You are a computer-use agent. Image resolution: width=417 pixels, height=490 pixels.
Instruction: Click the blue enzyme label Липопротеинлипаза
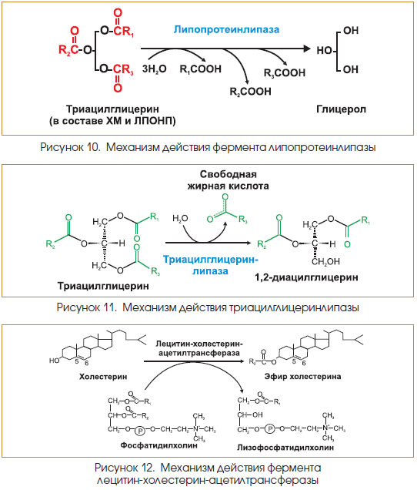tap(226, 30)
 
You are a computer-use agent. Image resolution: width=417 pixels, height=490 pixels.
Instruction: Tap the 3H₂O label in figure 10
tap(154, 69)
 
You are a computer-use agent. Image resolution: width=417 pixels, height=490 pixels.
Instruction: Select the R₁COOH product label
tap(200, 69)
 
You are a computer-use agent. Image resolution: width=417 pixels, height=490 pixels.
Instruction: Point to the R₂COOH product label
tap(250, 92)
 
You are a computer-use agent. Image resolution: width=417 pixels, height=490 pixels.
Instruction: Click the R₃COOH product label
tap(285, 73)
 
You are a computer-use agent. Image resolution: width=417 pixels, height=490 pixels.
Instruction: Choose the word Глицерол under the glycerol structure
tap(341, 109)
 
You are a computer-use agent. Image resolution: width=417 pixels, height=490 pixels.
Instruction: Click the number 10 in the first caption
tap(92, 147)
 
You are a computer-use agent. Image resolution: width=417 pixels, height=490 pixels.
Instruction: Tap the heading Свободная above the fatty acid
tap(229, 174)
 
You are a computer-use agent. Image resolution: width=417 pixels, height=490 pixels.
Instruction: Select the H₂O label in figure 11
tap(180, 219)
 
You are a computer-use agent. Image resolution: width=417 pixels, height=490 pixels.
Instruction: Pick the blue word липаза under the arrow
tap(210, 271)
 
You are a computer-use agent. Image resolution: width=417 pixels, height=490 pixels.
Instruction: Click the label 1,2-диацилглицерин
tap(306, 277)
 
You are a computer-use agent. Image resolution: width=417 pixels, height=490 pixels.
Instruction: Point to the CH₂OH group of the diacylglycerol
tap(325, 262)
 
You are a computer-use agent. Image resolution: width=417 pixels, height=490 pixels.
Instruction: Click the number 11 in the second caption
tap(108, 307)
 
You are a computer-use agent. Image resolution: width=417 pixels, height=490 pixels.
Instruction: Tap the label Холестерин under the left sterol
tap(103, 377)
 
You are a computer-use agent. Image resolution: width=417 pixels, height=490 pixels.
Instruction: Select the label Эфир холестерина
tap(302, 377)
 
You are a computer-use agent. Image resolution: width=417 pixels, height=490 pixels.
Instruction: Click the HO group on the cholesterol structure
tap(54, 361)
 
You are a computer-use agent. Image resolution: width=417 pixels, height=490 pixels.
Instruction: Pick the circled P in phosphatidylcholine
tap(141, 431)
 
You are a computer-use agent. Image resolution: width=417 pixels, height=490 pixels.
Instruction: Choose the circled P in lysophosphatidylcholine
tap(270, 429)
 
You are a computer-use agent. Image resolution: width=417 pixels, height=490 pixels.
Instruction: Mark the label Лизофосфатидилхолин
tap(285, 448)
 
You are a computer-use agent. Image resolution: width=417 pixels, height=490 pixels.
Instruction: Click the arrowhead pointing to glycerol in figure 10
tap(307, 49)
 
